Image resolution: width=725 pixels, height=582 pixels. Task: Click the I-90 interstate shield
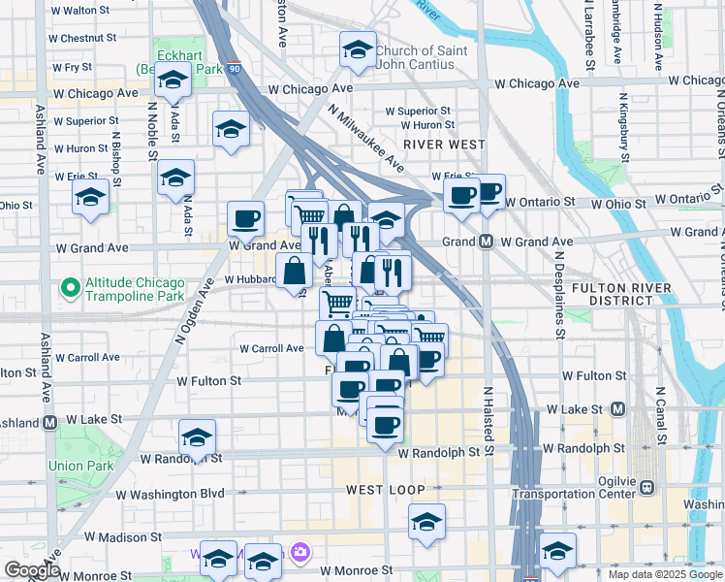pos(234,69)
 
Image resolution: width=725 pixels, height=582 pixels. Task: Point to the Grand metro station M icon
pos(486,242)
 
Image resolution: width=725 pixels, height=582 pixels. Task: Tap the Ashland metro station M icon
pos(49,422)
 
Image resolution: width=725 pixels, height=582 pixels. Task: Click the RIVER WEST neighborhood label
pos(444,144)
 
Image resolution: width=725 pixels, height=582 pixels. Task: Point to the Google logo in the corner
pos(31,570)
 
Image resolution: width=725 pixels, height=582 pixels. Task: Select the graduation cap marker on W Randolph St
pos(198,437)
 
